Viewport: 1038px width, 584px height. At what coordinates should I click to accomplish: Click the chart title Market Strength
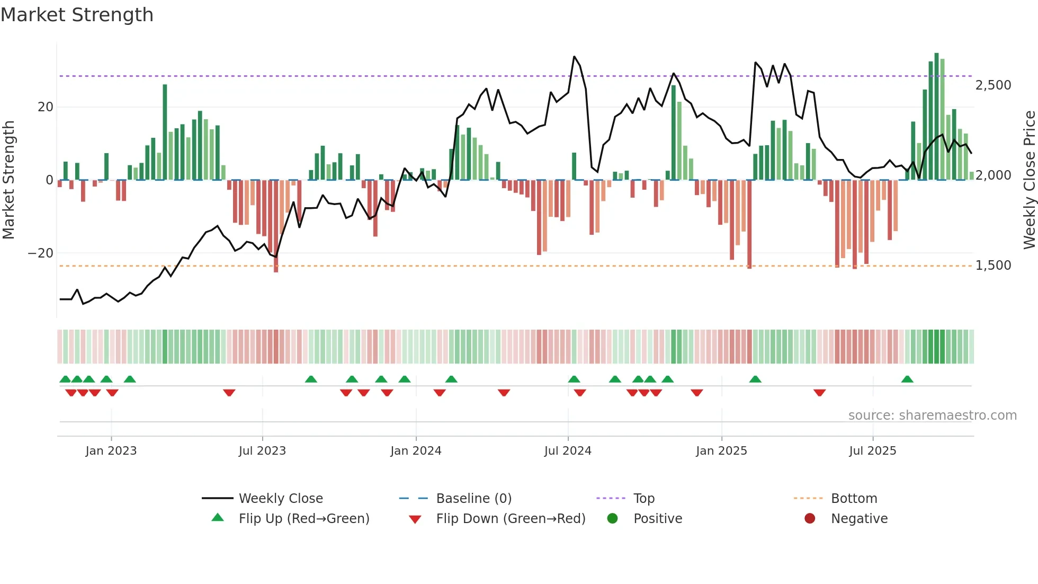77,15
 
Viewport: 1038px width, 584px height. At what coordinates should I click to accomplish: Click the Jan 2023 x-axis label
111,451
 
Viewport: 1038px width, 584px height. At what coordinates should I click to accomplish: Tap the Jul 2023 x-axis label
262,451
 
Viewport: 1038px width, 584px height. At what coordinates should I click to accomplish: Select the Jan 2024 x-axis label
416,451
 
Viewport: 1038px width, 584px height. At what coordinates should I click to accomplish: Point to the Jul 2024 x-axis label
568,451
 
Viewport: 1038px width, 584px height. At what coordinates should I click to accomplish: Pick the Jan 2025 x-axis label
721,451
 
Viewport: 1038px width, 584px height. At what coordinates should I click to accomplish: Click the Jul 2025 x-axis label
872,451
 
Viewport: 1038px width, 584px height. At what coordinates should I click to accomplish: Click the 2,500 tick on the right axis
993,85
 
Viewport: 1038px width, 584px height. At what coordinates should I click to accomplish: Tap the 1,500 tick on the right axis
993,266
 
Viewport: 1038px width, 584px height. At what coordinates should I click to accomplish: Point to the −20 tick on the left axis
41,253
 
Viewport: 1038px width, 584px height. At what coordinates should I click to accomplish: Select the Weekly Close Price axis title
1029,180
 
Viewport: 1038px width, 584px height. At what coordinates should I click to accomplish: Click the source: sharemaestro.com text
932,415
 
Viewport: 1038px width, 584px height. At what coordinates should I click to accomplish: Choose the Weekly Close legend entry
281,499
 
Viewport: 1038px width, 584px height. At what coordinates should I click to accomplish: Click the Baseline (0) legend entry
473,499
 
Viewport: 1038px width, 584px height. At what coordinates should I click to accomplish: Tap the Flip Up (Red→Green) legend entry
303,519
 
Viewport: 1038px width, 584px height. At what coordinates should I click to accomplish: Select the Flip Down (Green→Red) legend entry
511,519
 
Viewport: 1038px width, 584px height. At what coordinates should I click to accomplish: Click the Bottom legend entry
854,499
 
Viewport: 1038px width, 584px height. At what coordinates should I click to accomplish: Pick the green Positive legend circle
613,519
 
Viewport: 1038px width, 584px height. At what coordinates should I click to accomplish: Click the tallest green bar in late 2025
936,117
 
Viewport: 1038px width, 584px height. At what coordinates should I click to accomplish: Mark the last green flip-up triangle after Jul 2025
907,379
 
